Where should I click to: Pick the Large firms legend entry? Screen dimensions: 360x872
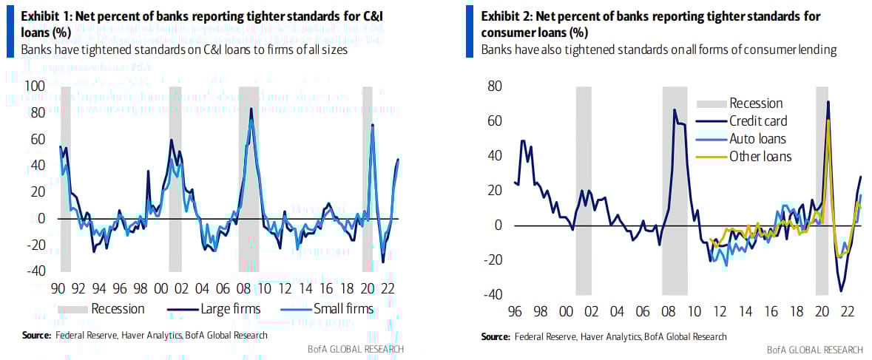[226, 308]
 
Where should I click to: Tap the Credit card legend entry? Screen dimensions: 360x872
[758, 121]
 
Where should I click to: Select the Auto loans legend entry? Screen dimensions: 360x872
[757, 139]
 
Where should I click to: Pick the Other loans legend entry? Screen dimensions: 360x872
[760, 157]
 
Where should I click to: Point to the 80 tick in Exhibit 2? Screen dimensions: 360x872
[494, 86]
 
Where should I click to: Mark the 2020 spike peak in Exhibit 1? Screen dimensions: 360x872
[372, 125]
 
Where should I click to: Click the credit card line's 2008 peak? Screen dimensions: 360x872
[674, 110]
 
